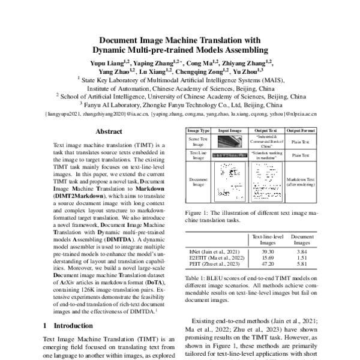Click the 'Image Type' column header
pyautogui.click(x=199, y=130)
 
